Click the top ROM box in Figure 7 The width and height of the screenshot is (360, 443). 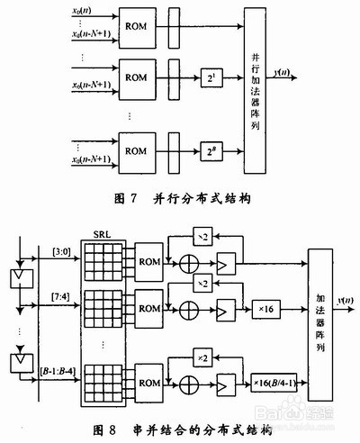[x=136, y=26]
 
